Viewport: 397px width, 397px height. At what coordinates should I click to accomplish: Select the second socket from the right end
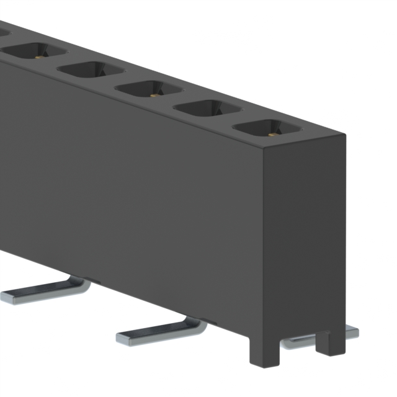(207, 110)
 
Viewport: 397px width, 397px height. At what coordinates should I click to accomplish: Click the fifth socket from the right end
(35, 52)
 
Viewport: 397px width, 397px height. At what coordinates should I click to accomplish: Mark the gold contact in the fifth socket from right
(39, 57)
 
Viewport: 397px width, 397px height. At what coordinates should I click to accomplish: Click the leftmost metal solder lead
(43, 290)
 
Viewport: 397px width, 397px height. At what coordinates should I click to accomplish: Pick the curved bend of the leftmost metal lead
(83, 285)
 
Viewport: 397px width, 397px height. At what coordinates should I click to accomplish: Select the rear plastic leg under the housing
(323, 342)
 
